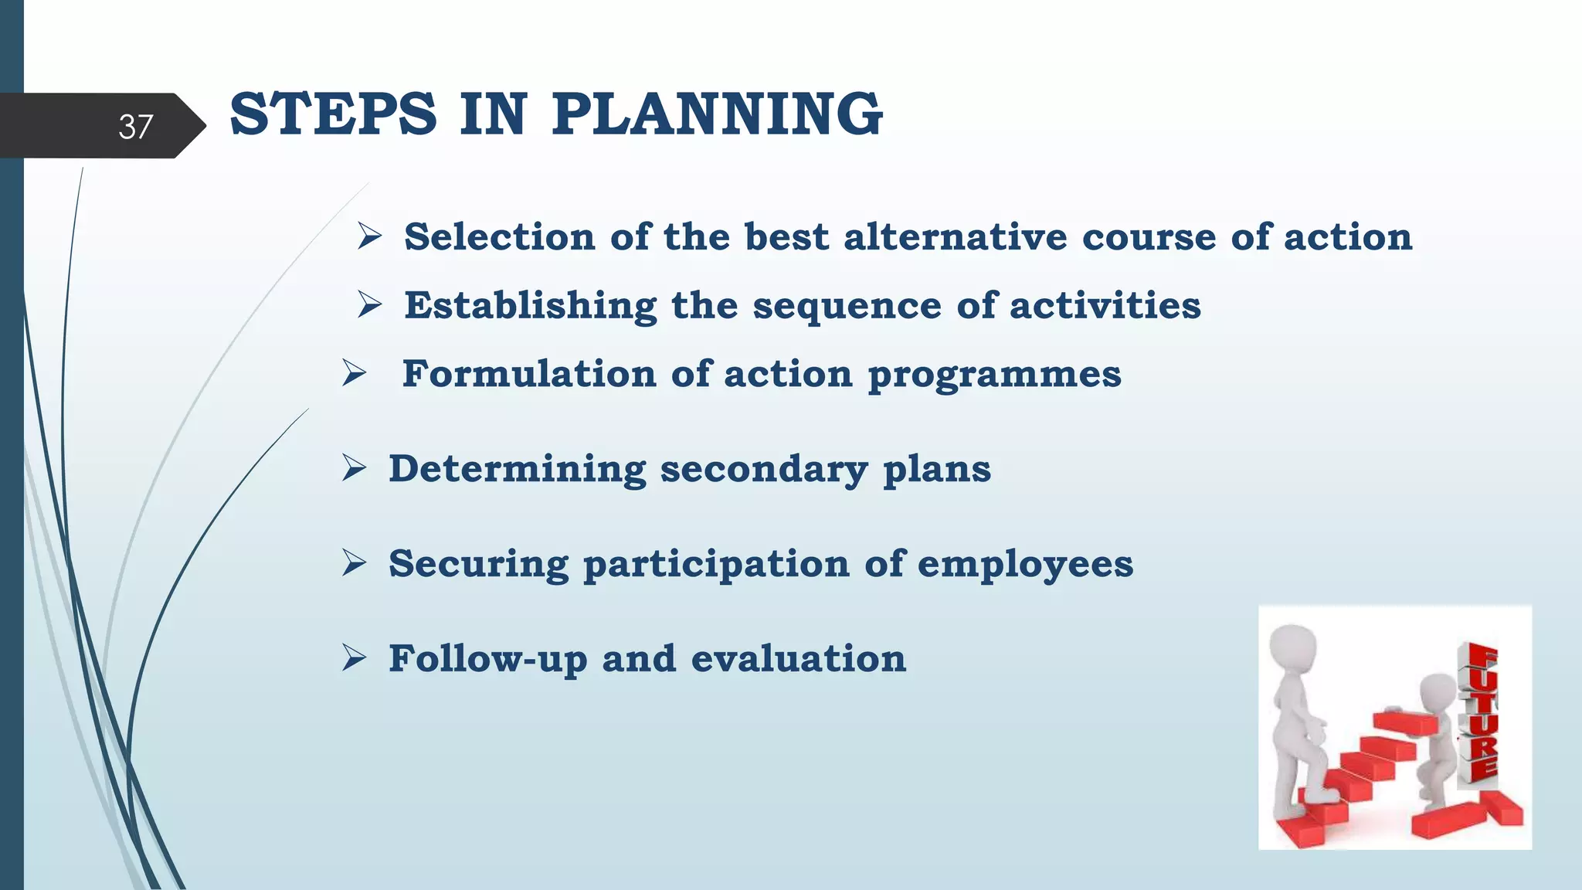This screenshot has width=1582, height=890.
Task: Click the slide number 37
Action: (135, 127)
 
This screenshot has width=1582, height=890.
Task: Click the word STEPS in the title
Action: (333, 114)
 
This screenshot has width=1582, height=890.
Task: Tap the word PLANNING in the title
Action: (717, 114)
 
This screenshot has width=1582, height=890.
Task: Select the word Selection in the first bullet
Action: (500, 236)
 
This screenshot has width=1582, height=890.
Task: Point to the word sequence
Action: (847, 306)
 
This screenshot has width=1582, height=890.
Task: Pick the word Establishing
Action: (530, 306)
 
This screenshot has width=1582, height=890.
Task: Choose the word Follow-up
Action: (487, 660)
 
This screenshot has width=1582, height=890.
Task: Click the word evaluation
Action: (798, 659)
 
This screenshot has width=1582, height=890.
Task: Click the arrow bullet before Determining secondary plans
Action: (354, 468)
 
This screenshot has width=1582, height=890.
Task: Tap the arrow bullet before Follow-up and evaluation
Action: (354, 658)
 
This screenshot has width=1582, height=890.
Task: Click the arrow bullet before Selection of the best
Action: (370, 236)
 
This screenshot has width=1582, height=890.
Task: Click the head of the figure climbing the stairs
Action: (1294, 647)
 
